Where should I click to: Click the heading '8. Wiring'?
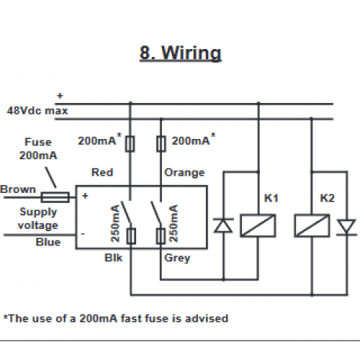pyautogui.click(x=181, y=53)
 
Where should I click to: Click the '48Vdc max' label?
pyautogui.click(x=37, y=111)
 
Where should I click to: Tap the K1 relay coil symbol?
pyautogui.click(x=258, y=225)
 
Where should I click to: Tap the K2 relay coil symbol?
pyautogui.click(x=312, y=225)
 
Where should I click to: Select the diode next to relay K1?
pyautogui.click(x=223, y=225)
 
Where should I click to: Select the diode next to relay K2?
pyautogui.click(x=346, y=227)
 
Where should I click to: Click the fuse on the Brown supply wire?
pyautogui.click(x=55, y=197)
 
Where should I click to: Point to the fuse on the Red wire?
pyautogui.click(x=130, y=144)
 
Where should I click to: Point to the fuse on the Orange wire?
pyautogui.click(x=161, y=144)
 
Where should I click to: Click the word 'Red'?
pyautogui.click(x=102, y=173)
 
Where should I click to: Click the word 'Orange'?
pyautogui.click(x=184, y=173)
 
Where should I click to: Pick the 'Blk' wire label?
pyautogui.click(x=114, y=258)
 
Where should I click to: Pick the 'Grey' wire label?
pyautogui.click(x=177, y=258)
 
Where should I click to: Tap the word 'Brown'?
pyautogui.click(x=18, y=189)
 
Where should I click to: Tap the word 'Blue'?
pyautogui.click(x=48, y=242)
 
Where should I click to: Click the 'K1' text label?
pyautogui.click(x=271, y=198)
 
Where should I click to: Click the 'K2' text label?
pyautogui.click(x=328, y=198)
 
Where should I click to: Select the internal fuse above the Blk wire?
pyautogui.click(x=131, y=236)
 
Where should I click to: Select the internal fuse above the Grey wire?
pyautogui.click(x=161, y=236)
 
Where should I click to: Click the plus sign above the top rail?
pyautogui.click(x=60, y=96)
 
